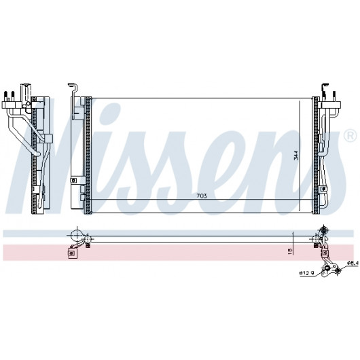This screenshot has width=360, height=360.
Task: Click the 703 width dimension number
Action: point(201,196)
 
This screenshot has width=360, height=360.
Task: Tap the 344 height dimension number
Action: point(296,155)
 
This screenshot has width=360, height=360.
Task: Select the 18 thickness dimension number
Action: point(290,251)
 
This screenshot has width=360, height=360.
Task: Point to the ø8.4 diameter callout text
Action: point(353,263)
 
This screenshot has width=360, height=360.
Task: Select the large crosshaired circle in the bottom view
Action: point(77,236)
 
